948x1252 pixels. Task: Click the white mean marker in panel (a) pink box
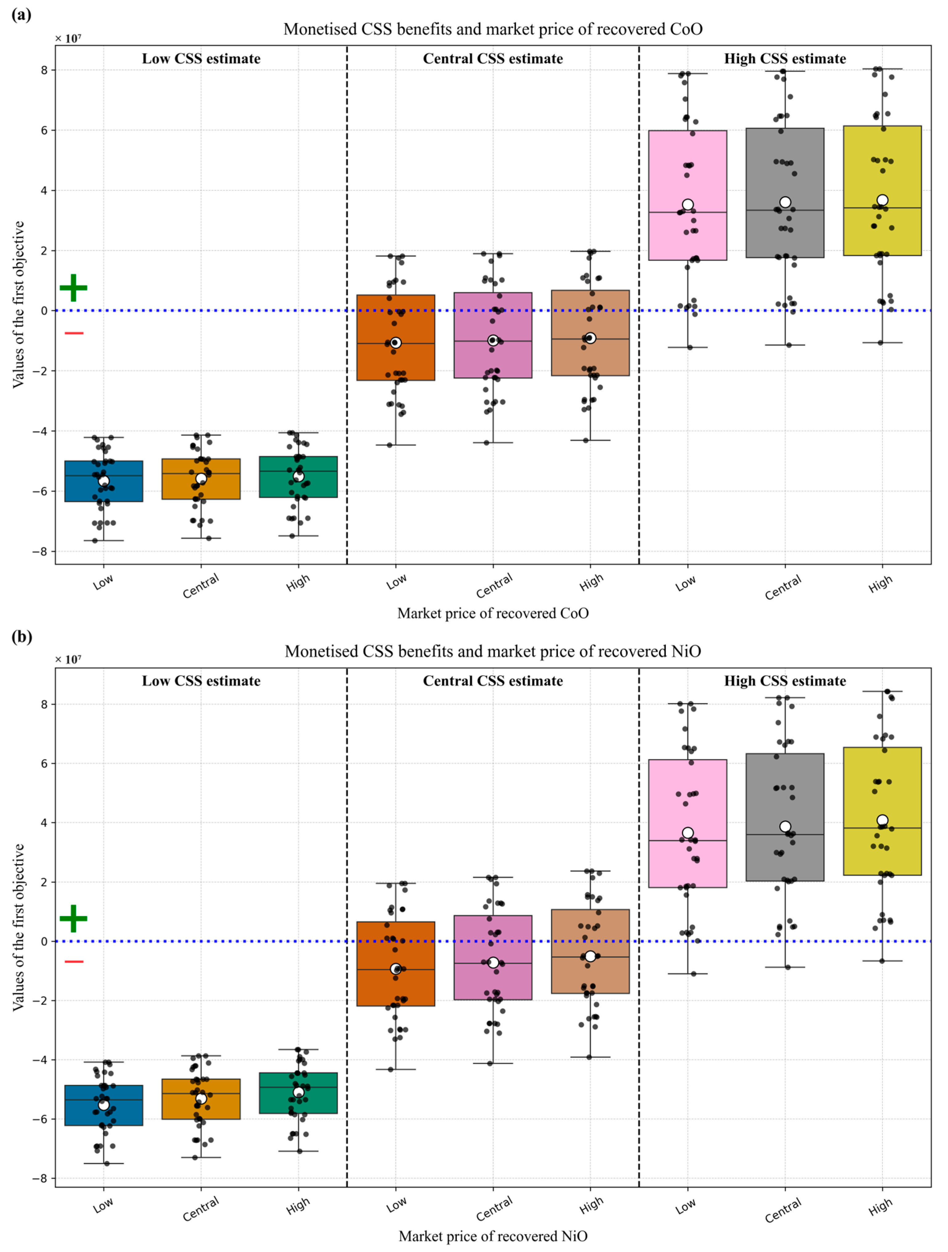click(688, 204)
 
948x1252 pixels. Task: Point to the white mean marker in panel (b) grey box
click(785, 826)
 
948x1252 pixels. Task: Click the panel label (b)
click(22, 637)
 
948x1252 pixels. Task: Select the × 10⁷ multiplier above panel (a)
click(68, 39)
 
